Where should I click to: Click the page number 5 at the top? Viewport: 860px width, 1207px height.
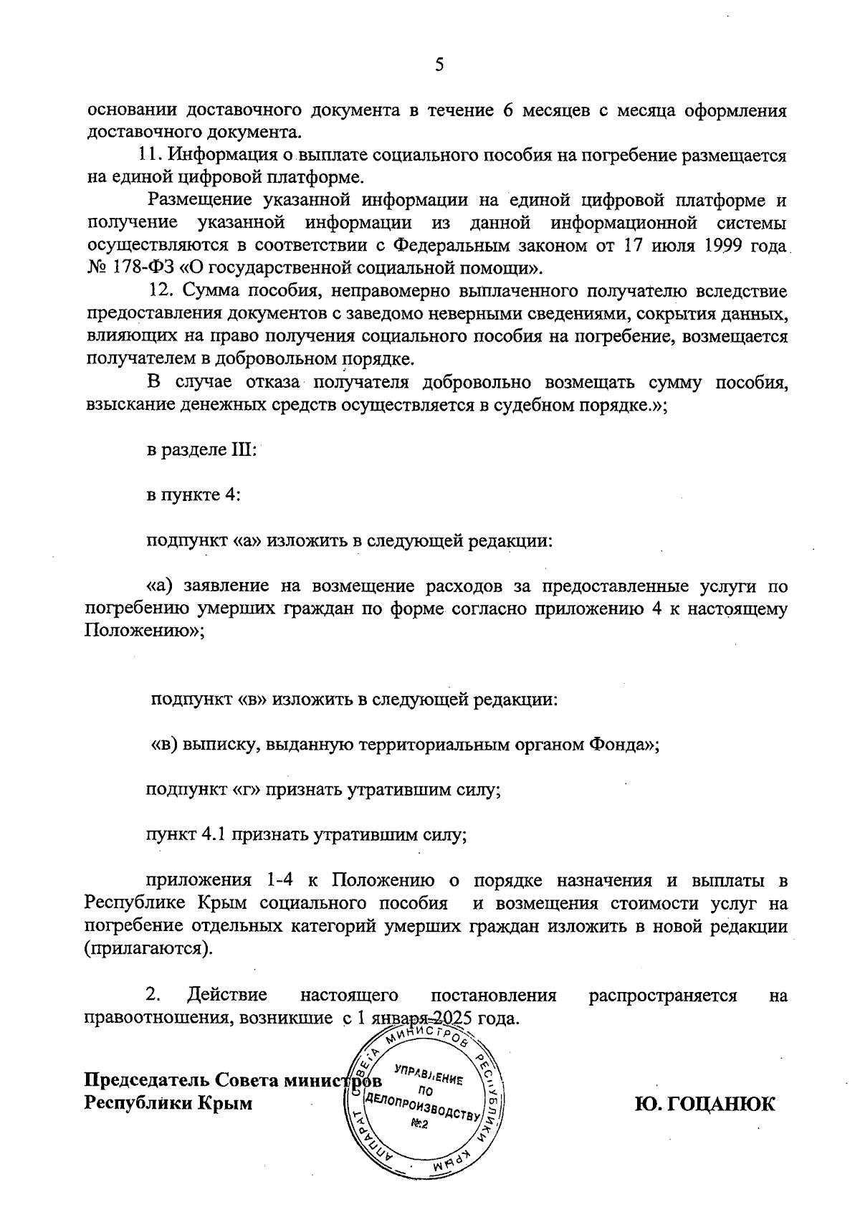pos(439,66)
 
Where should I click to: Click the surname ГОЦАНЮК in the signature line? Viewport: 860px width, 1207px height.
pos(720,1104)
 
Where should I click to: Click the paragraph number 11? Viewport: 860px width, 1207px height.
pos(151,155)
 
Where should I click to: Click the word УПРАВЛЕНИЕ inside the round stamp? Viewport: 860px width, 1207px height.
pos(429,1078)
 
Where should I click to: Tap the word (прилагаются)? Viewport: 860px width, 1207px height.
pos(148,949)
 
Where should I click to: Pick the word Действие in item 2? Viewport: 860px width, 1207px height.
pos(226,995)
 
